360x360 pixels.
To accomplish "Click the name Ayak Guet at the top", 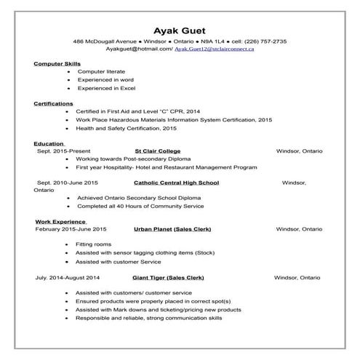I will click(180, 30).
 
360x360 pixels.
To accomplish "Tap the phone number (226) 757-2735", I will click(265, 41).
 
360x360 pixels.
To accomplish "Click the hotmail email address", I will click(137, 49).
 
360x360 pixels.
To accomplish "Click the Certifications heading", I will click(54, 103).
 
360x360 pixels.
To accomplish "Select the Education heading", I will click(49, 143).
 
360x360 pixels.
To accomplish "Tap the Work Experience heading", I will click(61, 221).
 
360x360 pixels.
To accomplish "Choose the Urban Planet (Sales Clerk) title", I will click(172, 228).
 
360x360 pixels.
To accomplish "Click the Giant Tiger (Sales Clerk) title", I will click(168, 277).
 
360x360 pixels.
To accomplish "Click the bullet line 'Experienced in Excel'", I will click(106, 87).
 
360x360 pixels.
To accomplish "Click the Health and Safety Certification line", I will click(126, 127).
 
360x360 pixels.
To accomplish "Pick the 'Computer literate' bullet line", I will click(102, 72).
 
